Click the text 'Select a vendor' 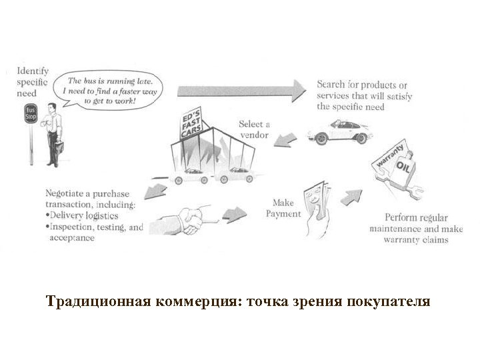tap(254, 129)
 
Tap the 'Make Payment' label tap(283, 208)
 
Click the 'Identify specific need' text tap(33, 81)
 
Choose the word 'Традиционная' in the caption tap(99, 302)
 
